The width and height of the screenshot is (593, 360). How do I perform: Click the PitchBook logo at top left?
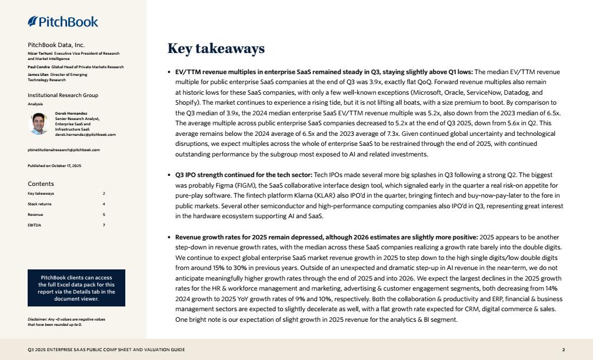[63, 22]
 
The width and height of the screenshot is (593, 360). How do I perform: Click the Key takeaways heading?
[216, 48]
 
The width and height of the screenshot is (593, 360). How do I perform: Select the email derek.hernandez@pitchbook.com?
[85, 135]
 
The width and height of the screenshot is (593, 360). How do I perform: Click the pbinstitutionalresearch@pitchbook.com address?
[64, 150]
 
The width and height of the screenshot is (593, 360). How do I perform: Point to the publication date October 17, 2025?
[55, 166]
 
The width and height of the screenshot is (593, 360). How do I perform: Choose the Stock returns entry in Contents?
[39, 204]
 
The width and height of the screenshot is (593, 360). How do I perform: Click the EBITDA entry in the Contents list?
[34, 225]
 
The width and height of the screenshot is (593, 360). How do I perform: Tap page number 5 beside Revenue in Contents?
[104, 215]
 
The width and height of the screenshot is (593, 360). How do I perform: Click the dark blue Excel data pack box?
[76, 288]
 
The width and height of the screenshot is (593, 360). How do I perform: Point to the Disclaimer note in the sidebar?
[66, 322]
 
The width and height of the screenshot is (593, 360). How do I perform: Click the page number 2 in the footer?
[563, 350]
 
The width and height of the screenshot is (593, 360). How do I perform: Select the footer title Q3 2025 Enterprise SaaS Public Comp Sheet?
[106, 350]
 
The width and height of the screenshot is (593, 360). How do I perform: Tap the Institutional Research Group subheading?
[63, 95]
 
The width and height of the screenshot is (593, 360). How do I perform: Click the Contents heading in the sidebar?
[41, 184]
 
